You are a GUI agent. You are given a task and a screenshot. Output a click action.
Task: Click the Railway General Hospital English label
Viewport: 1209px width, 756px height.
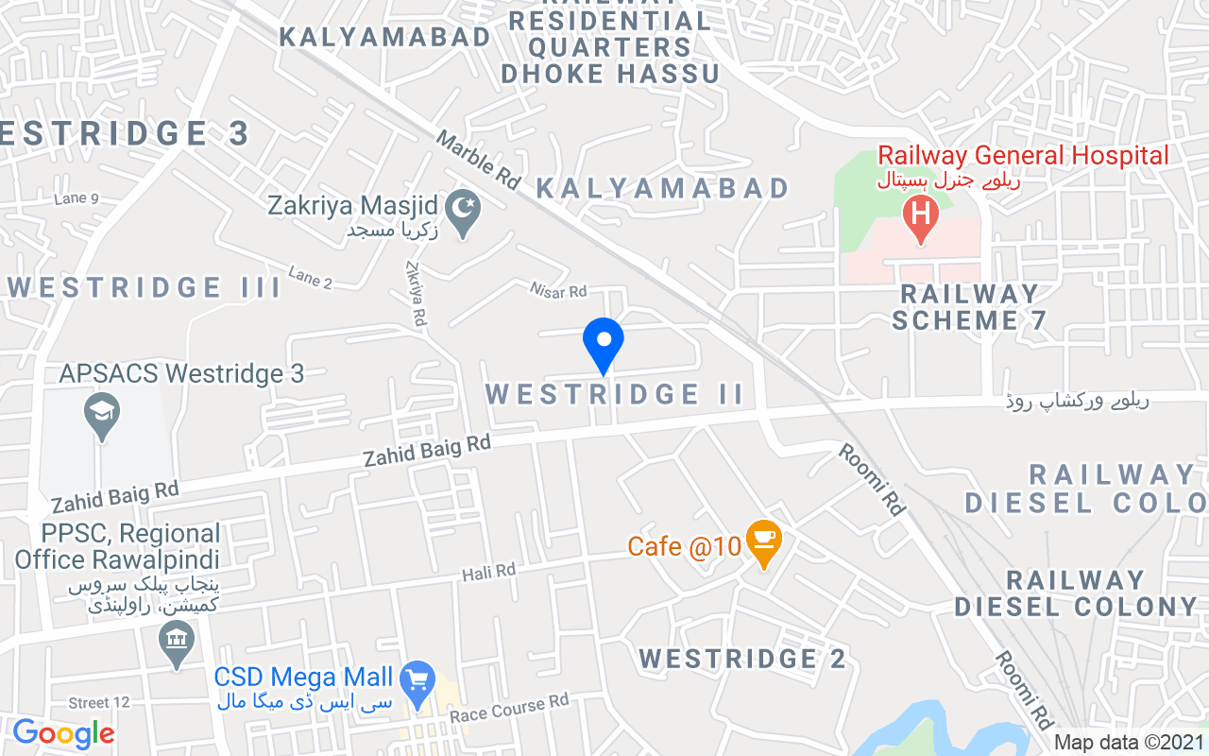[1023, 156]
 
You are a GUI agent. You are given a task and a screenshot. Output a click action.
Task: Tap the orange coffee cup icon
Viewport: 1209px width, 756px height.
[763, 542]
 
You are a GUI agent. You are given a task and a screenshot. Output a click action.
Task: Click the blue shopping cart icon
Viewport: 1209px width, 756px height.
[417, 679]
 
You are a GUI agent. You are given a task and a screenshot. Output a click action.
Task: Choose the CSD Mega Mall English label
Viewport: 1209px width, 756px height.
[302, 677]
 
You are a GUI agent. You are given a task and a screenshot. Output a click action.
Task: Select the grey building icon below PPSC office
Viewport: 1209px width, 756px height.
[177, 644]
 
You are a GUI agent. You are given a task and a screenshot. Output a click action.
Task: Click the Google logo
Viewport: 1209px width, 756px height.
[63, 733]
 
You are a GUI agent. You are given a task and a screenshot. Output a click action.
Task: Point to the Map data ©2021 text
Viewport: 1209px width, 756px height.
[1130, 743]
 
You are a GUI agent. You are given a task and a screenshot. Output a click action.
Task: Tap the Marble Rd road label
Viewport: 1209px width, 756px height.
[478, 160]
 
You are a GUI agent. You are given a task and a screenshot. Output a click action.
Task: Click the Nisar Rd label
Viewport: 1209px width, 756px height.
[558, 291]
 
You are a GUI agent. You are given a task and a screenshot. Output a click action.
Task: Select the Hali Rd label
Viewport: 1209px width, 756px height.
[488, 572]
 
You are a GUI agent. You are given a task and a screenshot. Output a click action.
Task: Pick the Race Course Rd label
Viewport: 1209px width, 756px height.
[509, 708]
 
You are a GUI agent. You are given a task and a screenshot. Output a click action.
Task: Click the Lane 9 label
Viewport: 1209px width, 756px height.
[77, 198]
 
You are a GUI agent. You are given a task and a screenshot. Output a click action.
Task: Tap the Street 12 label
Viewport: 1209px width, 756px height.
[99, 702]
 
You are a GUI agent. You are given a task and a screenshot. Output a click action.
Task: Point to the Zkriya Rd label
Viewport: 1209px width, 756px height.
[414, 295]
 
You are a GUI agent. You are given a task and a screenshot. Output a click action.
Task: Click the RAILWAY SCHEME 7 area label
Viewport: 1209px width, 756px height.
[969, 307]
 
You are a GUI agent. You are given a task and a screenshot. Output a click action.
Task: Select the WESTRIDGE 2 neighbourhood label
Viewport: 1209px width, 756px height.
[742, 659]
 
